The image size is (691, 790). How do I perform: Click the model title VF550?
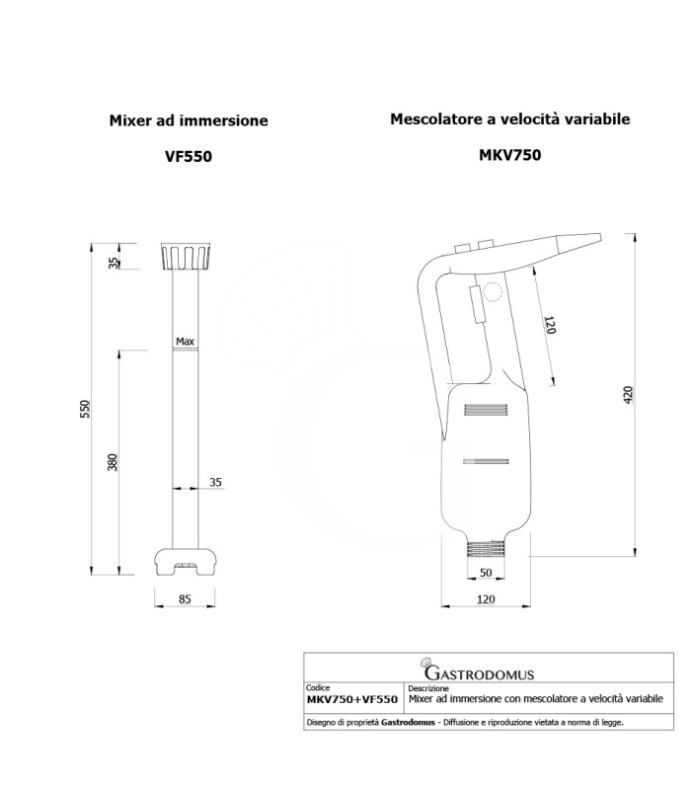(189, 156)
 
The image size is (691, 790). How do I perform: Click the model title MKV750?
(509, 155)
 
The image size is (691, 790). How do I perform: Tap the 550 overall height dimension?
(85, 409)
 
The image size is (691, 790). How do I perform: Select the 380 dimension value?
(113, 462)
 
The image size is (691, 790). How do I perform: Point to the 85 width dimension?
(185, 599)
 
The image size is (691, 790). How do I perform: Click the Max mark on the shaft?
(185, 341)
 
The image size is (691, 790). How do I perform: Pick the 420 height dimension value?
(628, 394)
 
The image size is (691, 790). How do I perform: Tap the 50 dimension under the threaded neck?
(486, 573)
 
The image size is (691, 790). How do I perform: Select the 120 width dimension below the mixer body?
(486, 599)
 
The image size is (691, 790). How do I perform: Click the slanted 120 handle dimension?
(550, 325)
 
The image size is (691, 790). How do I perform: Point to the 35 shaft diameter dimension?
(215, 482)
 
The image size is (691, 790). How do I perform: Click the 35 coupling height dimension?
(114, 263)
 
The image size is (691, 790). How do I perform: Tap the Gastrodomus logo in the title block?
(479, 671)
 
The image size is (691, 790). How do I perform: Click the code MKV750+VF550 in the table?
(352, 699)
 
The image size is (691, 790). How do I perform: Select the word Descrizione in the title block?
(428, 687)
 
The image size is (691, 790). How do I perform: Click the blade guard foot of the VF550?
(186, 562)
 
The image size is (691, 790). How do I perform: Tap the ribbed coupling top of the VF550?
(186, 257)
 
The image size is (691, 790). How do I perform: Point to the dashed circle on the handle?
(493, 291)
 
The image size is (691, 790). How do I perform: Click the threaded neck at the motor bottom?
(486, 549)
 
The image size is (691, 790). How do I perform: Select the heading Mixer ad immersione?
(189, 120)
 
